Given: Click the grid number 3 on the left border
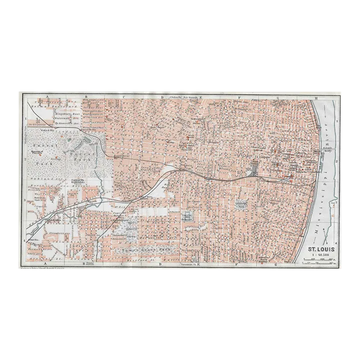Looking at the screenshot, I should pos(24,199).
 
